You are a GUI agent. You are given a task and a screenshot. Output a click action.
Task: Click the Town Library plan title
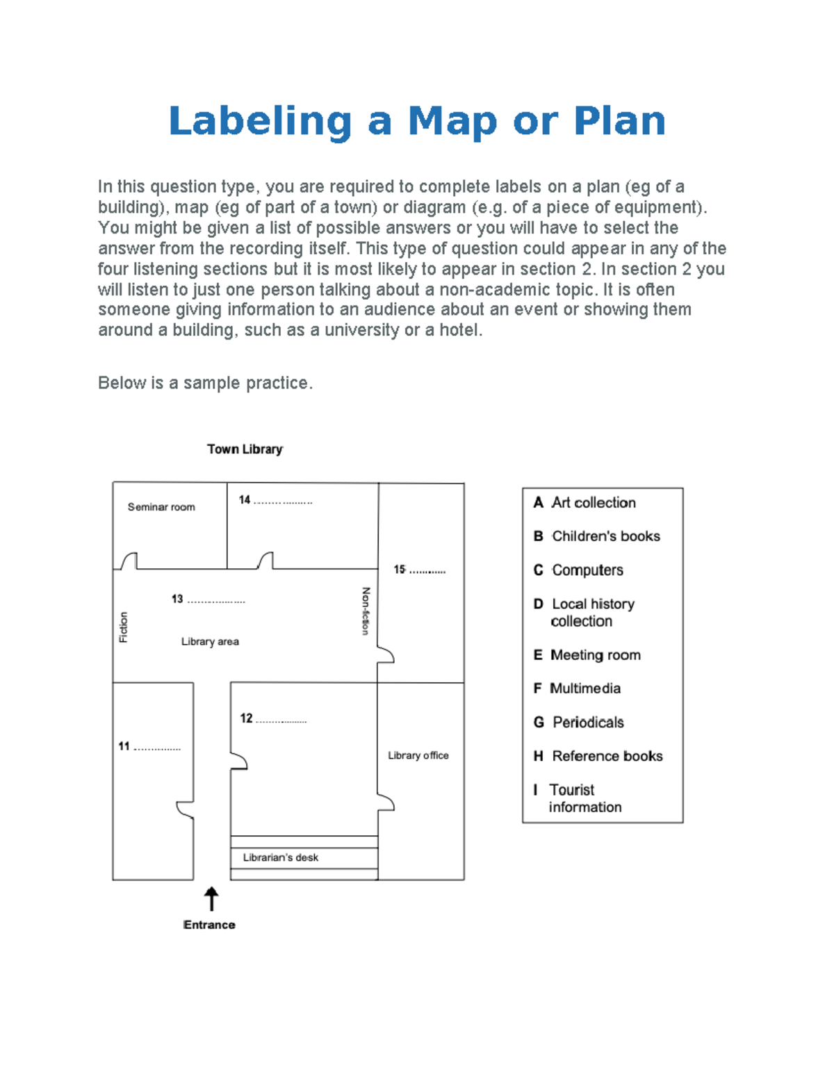[x=245, y=449]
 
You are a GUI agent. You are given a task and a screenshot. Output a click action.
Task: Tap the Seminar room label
[x=161, y=507]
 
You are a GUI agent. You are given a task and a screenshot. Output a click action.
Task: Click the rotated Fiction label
[x=124, y=627]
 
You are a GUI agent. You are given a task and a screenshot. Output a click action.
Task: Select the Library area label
[x=210, y=641]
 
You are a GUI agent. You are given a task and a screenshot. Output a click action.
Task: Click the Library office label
[x=418, y=755]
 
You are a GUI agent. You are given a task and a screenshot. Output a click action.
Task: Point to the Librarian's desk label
[x=281, y=857]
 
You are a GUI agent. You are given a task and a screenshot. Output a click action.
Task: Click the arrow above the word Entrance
[x=211, y=898]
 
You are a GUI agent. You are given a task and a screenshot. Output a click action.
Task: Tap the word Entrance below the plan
[x=209, y=925]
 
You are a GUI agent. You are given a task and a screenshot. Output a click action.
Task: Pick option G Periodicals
[x=579, y=723]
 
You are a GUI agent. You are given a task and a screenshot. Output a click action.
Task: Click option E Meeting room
[x=587, y=655]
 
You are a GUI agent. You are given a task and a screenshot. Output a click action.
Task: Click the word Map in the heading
[x=452, y=121]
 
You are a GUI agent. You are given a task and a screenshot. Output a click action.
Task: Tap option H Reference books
[x=598, y=756]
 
